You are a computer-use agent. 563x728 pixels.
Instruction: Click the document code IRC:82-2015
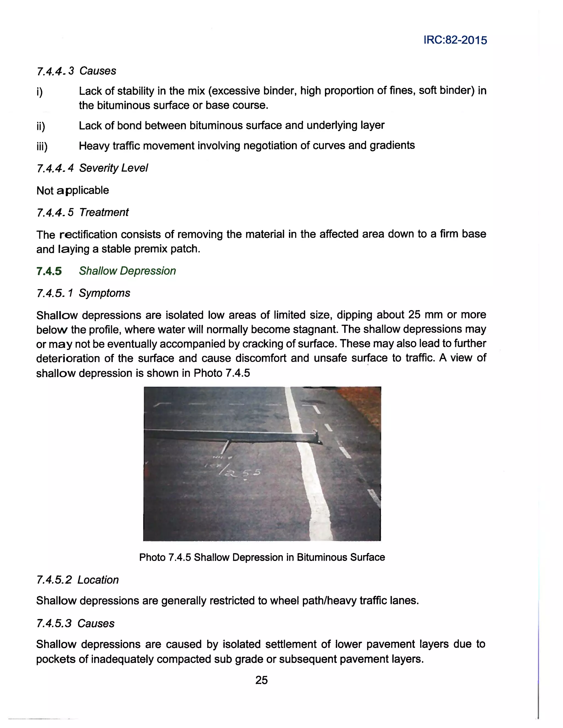pos(455,40)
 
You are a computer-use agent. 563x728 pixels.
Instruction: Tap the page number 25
pos(261,680)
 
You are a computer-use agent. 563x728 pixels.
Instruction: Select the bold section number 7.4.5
pos(49,271)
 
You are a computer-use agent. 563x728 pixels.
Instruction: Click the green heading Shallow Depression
pos(127,271)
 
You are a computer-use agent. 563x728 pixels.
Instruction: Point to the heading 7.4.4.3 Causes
pos(76,71)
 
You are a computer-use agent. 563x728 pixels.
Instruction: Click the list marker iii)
pos(42,146)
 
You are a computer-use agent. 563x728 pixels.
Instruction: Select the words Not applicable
pos(73,190)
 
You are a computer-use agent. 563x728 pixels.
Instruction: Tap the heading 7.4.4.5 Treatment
pos(82,212)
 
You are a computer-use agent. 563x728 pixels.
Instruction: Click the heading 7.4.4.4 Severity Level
pos(92,168)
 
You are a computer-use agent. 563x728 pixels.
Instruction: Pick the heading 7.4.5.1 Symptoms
pos(83,293)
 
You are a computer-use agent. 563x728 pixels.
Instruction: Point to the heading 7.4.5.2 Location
pos(77,580)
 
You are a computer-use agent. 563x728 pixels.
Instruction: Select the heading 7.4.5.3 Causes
pos(75,623)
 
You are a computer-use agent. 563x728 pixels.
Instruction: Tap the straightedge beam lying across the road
pos(227,435)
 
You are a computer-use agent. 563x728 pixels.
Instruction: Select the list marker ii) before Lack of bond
pos(41,126)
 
